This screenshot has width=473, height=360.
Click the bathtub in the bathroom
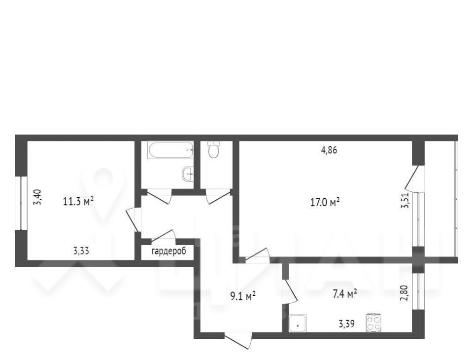click(170, 150)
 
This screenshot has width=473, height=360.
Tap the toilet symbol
click(214, 149)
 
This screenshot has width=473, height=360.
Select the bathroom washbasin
click(188, 174)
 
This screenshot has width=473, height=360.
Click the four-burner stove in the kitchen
click(374, 323)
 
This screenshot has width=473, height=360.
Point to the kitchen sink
click(298, 324)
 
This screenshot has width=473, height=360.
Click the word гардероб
click(169, 252)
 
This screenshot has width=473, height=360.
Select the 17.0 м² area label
click(325, 202)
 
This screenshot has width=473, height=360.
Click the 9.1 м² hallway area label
click(243, 296)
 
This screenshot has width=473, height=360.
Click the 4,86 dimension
click(329, 150)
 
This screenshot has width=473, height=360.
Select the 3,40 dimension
click(40, 197)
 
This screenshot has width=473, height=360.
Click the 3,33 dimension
click(81, 251)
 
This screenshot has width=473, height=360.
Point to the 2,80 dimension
click(405, 293)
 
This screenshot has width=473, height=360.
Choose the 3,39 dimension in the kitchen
click(346, 324)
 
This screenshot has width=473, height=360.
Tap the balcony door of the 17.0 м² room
click(415, 179)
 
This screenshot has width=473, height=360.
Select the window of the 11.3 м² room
click(21, 203)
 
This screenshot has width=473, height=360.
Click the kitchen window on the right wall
click(418, 291)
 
